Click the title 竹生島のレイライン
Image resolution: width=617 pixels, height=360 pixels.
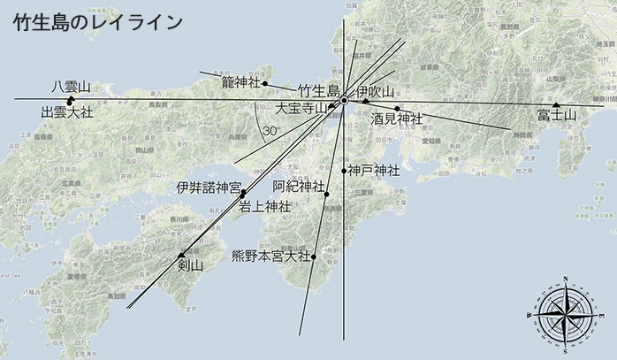click(x=98, y=22)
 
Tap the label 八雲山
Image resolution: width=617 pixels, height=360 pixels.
click(x=71, y=87)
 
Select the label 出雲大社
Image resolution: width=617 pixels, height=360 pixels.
click(x=67, y=113)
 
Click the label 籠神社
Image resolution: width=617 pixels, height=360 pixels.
click(x=240, y=82)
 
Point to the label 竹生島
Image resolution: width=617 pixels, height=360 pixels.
click(x=318, y=90)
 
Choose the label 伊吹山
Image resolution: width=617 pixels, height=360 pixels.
click(x=376, y=91)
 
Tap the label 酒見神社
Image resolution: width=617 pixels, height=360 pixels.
click(x=397, y=118)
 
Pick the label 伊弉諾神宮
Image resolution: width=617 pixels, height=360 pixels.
click(x=208, y=188)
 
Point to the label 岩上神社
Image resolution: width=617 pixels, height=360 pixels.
click(x=265, y=207)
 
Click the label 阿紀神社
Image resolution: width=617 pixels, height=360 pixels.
click(x=298, y=187)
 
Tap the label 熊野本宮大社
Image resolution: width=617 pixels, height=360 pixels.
click(x=270, y=257)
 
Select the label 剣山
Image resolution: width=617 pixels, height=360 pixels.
click(x=190, y=264)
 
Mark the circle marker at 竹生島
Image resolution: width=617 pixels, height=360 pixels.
click(x=344, y=100)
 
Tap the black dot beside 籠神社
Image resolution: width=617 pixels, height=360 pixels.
click(x=264, y=83)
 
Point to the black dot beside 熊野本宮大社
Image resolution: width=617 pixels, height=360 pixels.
click(x=314, y=257)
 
